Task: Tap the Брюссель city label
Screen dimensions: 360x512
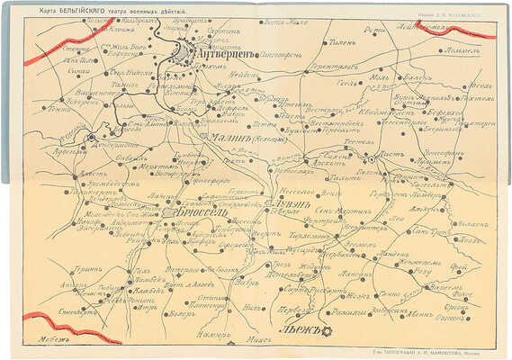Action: [193, 213]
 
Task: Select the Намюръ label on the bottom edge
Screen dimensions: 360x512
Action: [208, 335]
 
